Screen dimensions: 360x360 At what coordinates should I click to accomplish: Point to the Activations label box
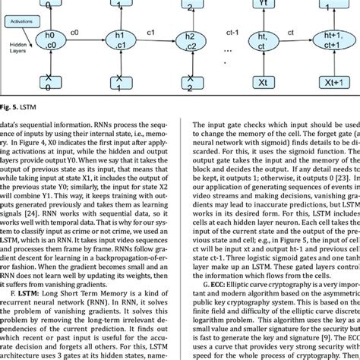16,24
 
